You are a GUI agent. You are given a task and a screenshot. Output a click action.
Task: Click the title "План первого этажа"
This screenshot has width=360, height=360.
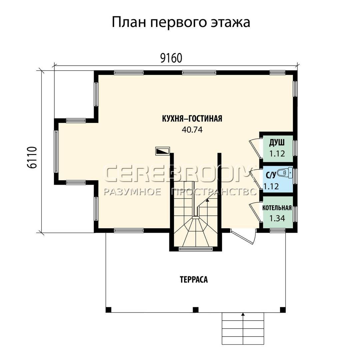click(x=181, y=23)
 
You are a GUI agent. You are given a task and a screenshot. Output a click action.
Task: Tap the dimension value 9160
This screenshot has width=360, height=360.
click(x=171, y=58)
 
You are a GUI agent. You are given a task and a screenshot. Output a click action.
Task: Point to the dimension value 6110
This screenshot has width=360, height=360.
click(x=32, y=157)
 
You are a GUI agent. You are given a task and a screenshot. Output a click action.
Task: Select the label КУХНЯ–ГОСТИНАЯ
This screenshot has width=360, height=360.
click(x=192, y=119)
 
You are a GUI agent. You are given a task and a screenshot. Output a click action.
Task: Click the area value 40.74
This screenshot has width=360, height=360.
click(x=192, y=130)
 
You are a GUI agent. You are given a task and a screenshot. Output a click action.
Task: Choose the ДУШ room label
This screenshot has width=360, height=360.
click(x=277, y=143)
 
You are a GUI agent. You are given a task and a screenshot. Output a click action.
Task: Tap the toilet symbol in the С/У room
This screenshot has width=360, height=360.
click(x=285, y=173)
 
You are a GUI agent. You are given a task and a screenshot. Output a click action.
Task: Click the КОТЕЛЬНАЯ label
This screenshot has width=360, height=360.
click(x=277, y=208)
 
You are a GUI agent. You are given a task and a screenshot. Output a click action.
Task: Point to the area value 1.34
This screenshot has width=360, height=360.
click(x=277, y=218)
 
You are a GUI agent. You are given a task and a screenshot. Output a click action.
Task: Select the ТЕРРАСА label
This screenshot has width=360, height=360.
click(x=194, y=280)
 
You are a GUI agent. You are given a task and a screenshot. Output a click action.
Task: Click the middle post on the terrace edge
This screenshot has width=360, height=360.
click(x=195, y=310)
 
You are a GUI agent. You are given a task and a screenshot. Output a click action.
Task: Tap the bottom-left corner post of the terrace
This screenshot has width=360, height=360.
click(x=108, y=310)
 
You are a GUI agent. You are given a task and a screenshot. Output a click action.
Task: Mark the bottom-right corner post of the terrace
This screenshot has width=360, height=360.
click(x=283, y=310)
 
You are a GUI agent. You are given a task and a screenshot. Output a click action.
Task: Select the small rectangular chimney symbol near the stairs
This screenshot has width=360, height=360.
click(x=163, y=151)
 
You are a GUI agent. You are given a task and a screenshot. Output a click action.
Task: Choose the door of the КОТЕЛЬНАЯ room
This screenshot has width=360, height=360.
click(x=255, y=212)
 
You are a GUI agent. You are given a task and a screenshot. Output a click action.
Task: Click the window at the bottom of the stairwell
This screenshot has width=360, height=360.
click(x=195, y=248)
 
